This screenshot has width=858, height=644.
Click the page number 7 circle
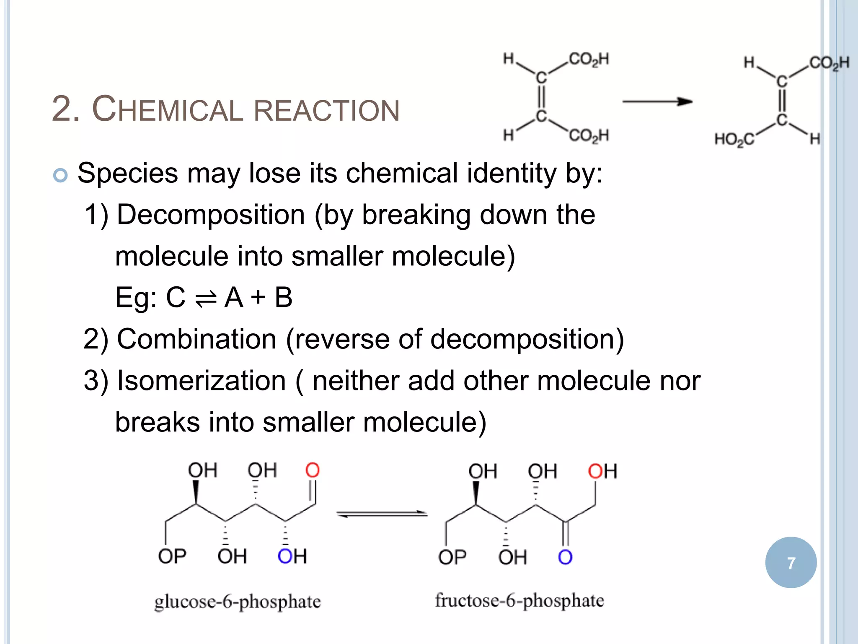pyautogui.click(x=791, y=562)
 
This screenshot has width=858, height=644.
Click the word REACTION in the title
pyautogui.click(x=327, y=111)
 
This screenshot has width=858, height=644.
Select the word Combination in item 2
pyautogui.click(x=196, y=339)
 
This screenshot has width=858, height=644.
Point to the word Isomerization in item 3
pyautogui.click(x=201, y=381)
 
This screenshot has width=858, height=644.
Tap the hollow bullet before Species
pyautogui.click(x=61, y=175)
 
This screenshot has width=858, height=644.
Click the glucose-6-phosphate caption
pyautogui.click(x=238, y=602)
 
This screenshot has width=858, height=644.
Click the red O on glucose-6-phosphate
pyautogui.click(x=313, y=470)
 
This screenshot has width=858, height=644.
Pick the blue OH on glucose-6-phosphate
pyautogui.click(x=292, y=556)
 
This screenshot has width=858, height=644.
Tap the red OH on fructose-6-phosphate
pyautogui.click(x=602, y=471)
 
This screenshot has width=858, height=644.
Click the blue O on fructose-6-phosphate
pyautogui.click(x=565, y=557)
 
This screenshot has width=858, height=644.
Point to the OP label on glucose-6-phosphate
pyautogui.click(x=172, y=556)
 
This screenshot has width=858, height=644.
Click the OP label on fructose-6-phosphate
pyautogui.click(x=452, y=557)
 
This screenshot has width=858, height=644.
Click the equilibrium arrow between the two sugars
pyautogui.click(x=382, y=514)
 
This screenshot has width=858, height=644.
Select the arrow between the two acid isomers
pyautogui.click(x=657, y=101)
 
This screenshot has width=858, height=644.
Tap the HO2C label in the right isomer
pyautogui.click(x=734, y=139)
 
